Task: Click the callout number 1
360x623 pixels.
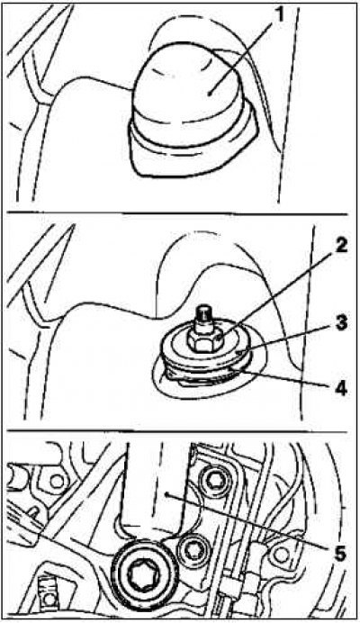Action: pos(281,14)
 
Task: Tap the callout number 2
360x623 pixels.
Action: pos(339,246)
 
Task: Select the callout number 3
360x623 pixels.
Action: pos(339,323)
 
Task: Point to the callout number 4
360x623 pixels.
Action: pos(339,388)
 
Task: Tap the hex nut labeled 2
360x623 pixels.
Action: pos(202,340)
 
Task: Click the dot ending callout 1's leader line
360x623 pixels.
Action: pos(210,94)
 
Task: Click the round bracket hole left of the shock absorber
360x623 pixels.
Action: pos(58,481)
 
